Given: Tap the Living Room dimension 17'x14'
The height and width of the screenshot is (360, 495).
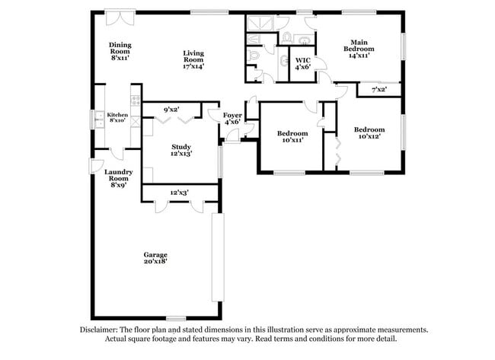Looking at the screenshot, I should coord(193,66).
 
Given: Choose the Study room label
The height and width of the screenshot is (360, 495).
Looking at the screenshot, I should coord(180,147).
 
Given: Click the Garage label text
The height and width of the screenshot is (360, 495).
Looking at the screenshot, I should coord(155,254).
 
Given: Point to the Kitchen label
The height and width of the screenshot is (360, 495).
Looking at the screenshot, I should coord(117,115).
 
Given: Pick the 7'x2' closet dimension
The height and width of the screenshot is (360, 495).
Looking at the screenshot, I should coord(378,90).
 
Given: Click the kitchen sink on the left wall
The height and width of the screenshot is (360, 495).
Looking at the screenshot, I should coord(98,118).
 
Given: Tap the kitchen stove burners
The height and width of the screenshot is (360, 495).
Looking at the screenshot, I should coord(136,99).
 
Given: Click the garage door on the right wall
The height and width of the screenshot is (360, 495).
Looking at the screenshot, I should coord(218,257).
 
